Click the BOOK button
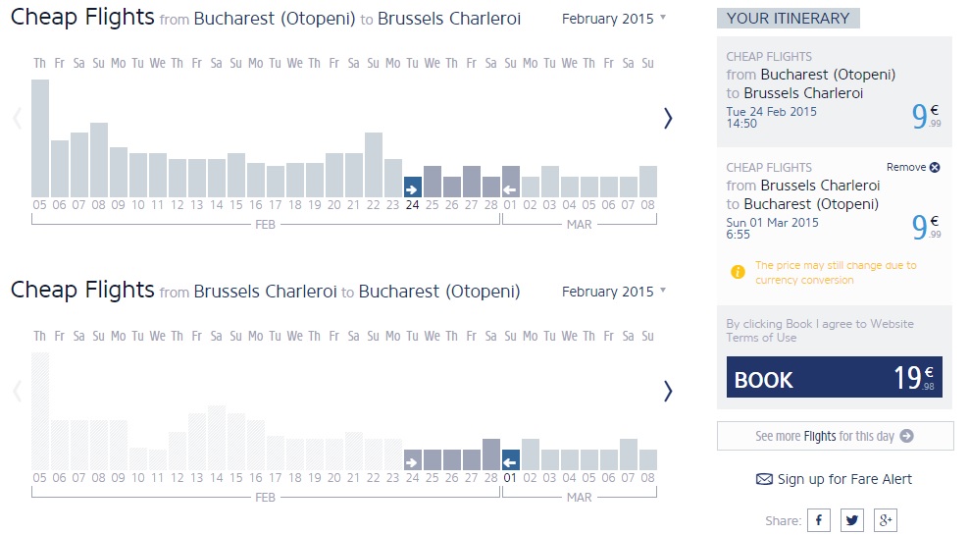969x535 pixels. click(x=834, y=377)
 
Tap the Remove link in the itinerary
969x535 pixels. click(x=913, y=168)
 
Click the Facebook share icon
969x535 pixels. click(x=819, y=520)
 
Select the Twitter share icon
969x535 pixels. click(x=852, y=520)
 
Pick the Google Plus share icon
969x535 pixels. click(x=885, y=520)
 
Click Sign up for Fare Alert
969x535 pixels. click(x=834, y=479)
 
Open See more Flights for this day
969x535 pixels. click(x=835, y=436)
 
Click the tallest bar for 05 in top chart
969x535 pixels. click(x=39, y=137)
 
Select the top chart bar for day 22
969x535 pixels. click(x=373, y=164)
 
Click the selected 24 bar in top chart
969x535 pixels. click(x=412, y=187)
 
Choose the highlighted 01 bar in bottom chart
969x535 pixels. click(x=510, y=459)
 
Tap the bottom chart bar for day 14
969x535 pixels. click(x=216, y=438)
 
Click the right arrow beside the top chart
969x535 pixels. click(x=668, y=119)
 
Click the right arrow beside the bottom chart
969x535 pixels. click(x=668, y=391)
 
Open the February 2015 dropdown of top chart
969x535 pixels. click(x=614, y=19)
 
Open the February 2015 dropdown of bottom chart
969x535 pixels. click(x=614, y=292)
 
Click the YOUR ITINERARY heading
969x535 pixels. click(x=788, y=18)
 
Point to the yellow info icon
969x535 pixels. click(x=739, y=272)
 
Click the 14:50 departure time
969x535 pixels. click(x=741, y=125)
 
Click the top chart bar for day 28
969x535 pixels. click(x=490, y=187)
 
